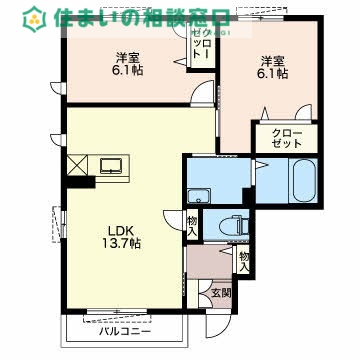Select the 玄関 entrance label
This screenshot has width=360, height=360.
click(x=220, y=293)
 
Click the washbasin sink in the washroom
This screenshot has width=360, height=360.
click(x=201, y=196)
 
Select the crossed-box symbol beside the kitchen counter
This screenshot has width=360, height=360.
click(x=78, y=164)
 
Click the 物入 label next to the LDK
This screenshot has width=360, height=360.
click(x=192, y=225)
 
